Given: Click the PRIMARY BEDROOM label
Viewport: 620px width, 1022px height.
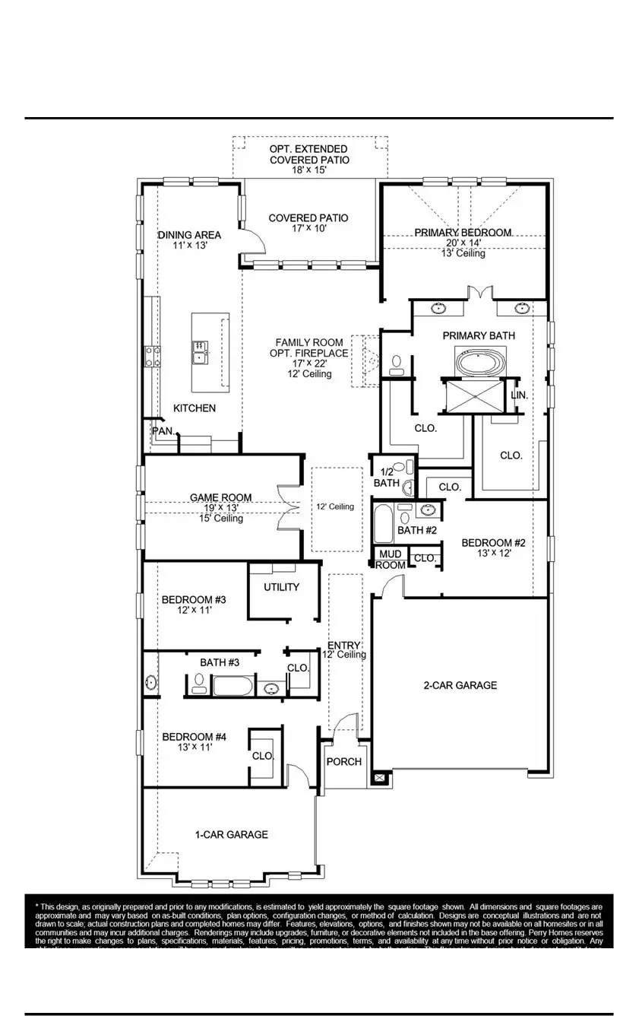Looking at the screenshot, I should click(463, 233).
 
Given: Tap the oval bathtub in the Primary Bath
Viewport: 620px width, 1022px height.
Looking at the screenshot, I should click(479, 360).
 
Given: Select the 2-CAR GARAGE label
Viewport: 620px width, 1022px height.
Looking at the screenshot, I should click(460, 685).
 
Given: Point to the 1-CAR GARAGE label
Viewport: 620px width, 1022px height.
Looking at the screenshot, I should click(232, 834).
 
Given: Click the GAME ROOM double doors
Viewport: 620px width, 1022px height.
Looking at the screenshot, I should click(289, 508).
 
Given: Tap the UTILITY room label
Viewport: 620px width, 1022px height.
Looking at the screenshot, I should click(281, 587).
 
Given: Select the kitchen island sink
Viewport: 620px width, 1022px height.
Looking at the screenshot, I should click(199, 353).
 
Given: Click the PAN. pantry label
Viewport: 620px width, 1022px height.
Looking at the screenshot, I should click(163, 431).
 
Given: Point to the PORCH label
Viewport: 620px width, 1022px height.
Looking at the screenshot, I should click(344, 762).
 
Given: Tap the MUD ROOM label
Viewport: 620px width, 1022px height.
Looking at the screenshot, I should click(391, 560).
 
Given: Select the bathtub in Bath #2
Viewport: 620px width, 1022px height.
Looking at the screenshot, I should click(383, 524).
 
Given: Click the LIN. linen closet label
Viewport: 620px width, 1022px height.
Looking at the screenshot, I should click(520, 395).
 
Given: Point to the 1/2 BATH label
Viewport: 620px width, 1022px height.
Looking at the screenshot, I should click(387, 477).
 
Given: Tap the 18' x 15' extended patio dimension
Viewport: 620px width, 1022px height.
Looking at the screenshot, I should click(309, 171).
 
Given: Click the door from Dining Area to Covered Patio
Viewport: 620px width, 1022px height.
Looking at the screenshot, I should click(254, 242).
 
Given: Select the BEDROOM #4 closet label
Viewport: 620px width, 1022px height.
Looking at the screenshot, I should click(263, 756).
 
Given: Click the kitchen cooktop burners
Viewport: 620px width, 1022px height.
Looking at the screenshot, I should click(152, 355).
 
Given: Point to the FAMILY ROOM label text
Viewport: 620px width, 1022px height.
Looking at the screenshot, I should click(309, 343).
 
